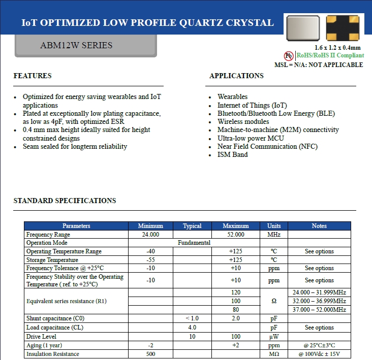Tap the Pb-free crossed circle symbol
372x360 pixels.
tap(288, 56)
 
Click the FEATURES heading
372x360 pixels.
tap(33, 76)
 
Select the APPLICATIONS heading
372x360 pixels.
tap(236, 76)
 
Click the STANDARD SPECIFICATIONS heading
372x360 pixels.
tap(65, 201)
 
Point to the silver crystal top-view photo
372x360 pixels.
tap(303, 27)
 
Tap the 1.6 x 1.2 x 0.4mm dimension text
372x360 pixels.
tap(337, 48)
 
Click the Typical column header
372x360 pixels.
tap(192, 226)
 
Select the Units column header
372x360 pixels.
tap(274, 226)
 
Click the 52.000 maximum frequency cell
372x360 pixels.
tap(236, 235)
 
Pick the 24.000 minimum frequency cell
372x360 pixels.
tap(150, 235)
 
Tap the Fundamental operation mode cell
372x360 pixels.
tap(194, 243)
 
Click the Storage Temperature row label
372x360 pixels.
tap(52, 260)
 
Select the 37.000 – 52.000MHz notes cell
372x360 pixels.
tap(319, 310)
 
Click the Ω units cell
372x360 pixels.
tap(274, 301)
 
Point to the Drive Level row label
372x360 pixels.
tap(42, 337)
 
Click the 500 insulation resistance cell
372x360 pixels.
tap(150, 354)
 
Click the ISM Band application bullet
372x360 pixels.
tap(233, 154)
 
